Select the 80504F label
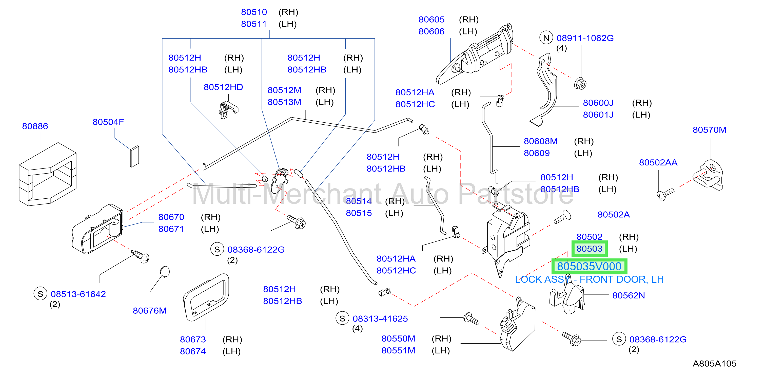108,122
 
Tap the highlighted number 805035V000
589,267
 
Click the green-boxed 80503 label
589,249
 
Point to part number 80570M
710,130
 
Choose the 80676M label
150,311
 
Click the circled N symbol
546,38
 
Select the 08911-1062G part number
585,38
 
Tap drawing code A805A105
715,364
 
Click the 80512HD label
223,87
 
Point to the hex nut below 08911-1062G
580,83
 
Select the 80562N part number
628,295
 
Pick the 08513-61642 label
78,294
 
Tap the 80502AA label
658,162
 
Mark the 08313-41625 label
380,318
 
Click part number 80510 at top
254,12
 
